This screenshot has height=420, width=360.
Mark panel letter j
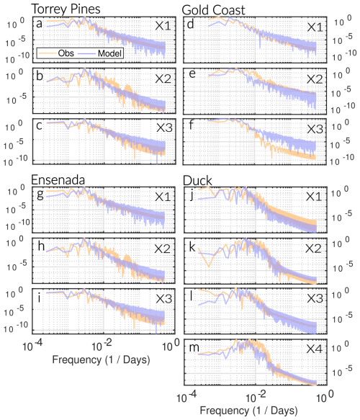coord(192,195)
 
